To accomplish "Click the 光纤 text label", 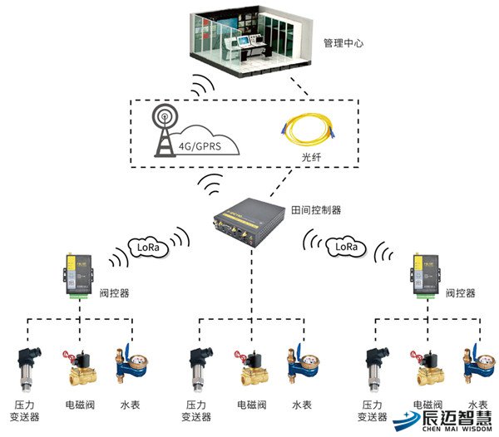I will point(310,155).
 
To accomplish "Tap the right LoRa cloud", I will point(346,246).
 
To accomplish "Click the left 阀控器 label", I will point(113,292).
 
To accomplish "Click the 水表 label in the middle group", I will point(302,405).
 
